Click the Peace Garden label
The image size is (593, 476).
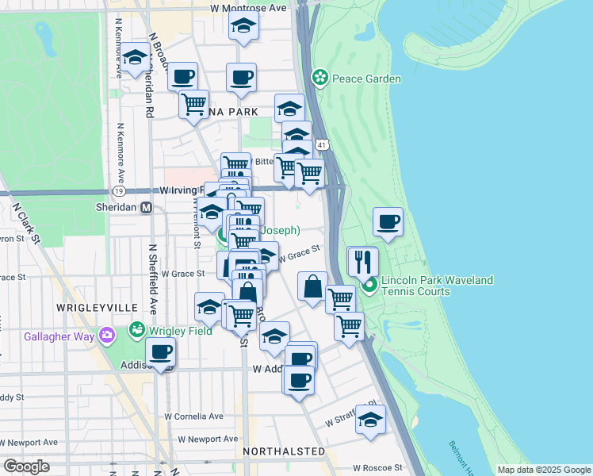[366, 79]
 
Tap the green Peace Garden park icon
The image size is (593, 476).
[320, 78]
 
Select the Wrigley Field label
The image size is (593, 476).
[182, 330]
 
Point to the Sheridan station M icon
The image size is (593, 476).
[146, 208]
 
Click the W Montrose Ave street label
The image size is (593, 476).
[248, 7]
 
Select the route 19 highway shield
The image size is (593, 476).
[118, 191]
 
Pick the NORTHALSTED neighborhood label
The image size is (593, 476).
[285, 451]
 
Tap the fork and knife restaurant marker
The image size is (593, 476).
[362, 260]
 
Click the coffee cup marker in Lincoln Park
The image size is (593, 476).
[388, 222]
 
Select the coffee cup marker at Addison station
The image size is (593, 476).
[160, 351]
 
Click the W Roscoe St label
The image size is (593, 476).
[379, 468]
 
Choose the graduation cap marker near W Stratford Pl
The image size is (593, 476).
[369, 419]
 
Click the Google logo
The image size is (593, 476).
[26, 466]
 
